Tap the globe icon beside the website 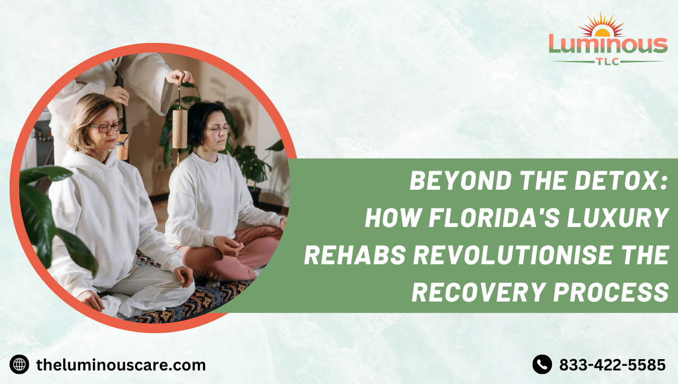tap(19, 365)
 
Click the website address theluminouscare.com tap(120, 365)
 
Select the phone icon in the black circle tap(542, 365)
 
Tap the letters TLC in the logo tap(608, 61)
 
